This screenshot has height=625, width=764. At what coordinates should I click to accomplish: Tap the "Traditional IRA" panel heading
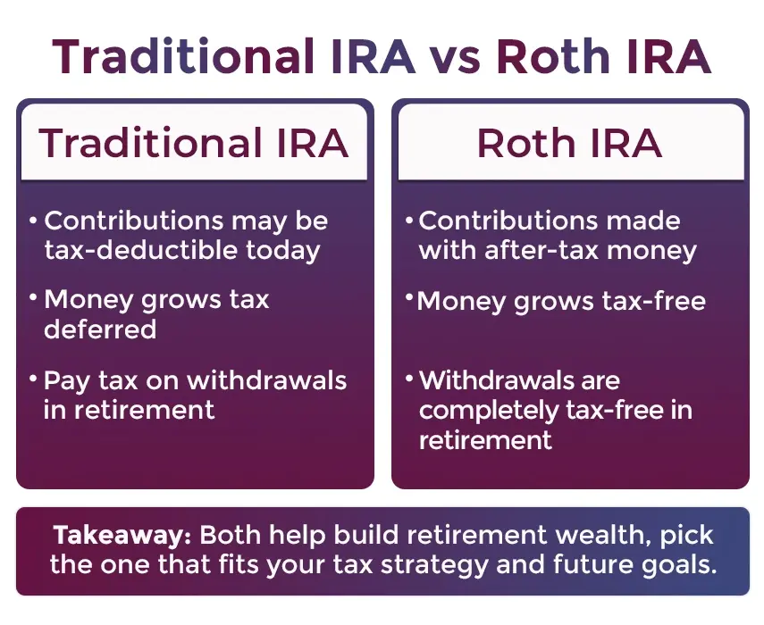pyautogui.click(x=193, y=143)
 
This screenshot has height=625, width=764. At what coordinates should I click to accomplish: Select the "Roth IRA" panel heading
pyautogui.click(x=569, y=143)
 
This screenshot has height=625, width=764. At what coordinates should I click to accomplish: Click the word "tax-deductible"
pyautogui.click(x=141, y=250)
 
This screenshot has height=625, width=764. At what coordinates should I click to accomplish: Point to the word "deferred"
pyautogui.click(x=100, y=329)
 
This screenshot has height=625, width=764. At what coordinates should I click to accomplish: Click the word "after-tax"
pyautogui.click(x=542, y=250)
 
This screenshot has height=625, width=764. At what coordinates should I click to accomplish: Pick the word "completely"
pyautogui.click(x=489, y=411)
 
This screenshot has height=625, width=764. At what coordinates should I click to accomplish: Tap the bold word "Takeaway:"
pyautogui.click(x=122, y=535)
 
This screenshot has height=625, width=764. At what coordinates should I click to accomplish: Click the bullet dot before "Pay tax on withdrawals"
pyautogui.click(x=33, y=378)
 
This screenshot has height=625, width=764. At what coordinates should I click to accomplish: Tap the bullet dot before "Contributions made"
pyautogui.click(x=409, y=220)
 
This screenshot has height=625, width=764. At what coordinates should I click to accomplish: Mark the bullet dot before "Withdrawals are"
pyautogui.click(x=409, y=378)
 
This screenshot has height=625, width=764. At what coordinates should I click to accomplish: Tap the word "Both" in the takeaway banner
pyautogui.click(x=231, y=535)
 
